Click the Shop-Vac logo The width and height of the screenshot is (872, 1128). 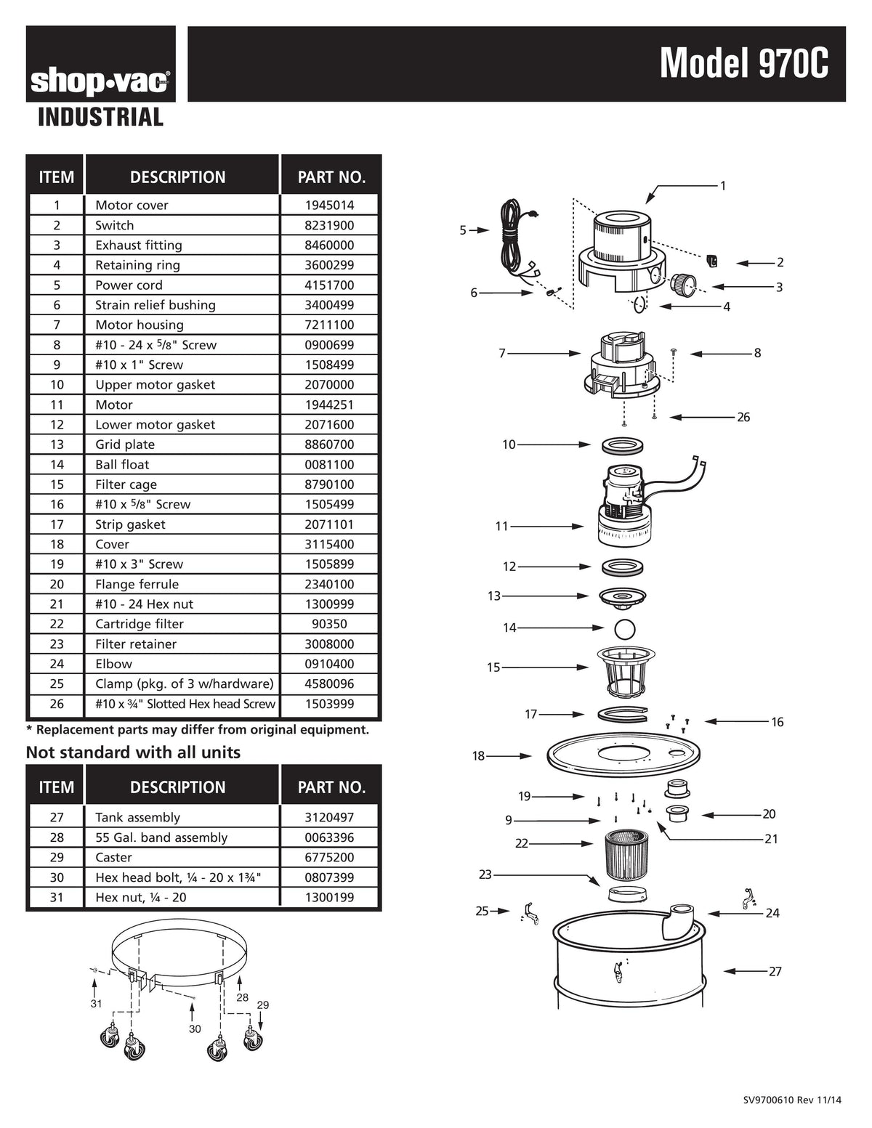click(x=100, y=82)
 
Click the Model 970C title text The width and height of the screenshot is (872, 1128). click(x=743, y=64)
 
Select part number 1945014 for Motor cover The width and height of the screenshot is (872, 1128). click(x=329, y=206)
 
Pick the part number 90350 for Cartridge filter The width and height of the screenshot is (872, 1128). click(x=329, y=624)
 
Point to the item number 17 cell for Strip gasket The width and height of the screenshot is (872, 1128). click(x=57, y=524)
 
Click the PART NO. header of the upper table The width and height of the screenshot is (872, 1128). click(x=331, y=177)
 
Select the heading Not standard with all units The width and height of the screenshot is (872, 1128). click(x=133, y=752)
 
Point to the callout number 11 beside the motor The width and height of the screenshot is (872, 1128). click(x=501, y=527)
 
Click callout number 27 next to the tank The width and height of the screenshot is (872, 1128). click(x=775, y=972)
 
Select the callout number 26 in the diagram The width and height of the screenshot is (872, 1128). click(x=743, y=418)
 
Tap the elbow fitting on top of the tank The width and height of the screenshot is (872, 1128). click(x=679, y=919)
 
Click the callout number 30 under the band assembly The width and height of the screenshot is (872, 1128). click(x=195, y=1029)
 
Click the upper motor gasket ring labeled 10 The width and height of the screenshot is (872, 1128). click(x=623, y=445)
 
